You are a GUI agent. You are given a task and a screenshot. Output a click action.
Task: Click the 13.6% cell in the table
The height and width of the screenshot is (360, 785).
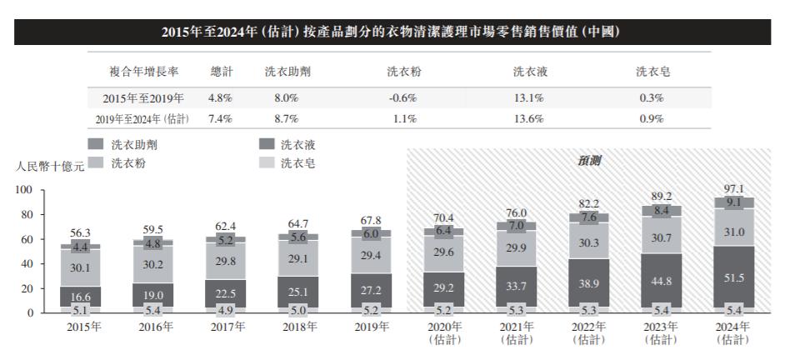pyautogui.click(x=529, y=119)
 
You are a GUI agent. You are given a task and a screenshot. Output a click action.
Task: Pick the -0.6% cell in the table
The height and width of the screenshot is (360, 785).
pyautogui.click(x=402, y=97)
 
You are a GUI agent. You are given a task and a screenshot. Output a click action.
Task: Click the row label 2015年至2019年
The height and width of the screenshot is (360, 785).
pyautogui.click(x=137, y=97)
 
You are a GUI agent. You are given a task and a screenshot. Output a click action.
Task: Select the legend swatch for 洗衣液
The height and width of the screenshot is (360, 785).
pyautogui.click(x=267, y=145)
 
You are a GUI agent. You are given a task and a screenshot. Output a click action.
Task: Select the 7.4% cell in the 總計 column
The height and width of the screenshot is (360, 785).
pyautogui.click(x=221, y=119)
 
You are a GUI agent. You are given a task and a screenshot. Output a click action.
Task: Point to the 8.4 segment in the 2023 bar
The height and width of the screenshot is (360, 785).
pyautogui.click(x=661, y=211)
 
